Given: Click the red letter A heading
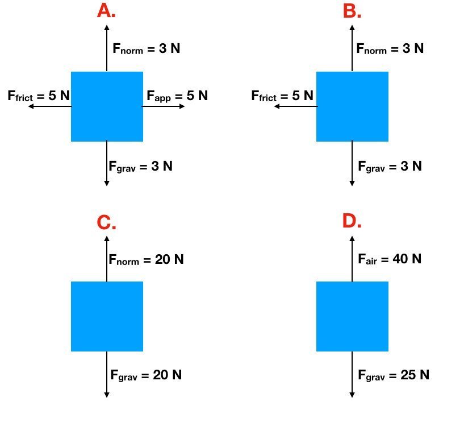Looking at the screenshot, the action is pos(106,11).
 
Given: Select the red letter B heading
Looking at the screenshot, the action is pos(352,11).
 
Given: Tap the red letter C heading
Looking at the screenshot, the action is pos(106,222).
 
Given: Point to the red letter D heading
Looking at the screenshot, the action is pos(352,221).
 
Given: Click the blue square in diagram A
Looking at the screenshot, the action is pos(107,106).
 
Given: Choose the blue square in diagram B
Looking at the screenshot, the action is pos(353,106).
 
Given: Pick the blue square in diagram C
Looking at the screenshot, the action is pos(107,316).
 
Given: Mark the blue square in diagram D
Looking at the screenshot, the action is pos(353,316).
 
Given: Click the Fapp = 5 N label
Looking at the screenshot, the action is pos(177,96).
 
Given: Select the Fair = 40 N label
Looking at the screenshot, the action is pos(390,259).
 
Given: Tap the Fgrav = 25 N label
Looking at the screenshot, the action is pos(394,375).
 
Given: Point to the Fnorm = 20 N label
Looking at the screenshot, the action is pos(146,259).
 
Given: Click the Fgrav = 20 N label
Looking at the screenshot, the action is pos(146,375).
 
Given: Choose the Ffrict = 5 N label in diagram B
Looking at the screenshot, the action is pos(282,96).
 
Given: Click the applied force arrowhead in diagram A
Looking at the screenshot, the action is pos(182,106).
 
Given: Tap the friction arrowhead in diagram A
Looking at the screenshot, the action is pos(31,106).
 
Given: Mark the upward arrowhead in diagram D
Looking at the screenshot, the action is pos(352,238).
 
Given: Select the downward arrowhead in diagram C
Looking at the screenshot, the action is pos(107,395).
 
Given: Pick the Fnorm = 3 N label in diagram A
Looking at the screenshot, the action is pos(146,48).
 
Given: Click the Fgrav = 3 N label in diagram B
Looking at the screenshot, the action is pos(390,166).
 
